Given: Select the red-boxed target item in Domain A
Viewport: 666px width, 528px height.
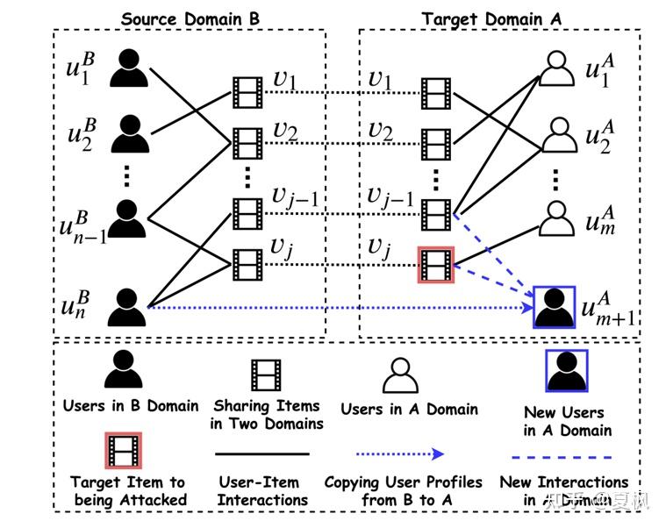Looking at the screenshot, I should pyautogui.click(x=437, y=265).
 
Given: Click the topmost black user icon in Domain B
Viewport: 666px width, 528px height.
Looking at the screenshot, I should pyautogui.click(x=129, y=68).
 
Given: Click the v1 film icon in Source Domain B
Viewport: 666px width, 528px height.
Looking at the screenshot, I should pyautogui.click(x=247, y=91).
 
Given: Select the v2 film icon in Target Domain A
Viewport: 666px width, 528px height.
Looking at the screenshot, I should pyautogui.click(x=437, y=140).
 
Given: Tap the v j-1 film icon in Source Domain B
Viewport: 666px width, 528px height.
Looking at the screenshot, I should pyautogui.click(x=247, y=212).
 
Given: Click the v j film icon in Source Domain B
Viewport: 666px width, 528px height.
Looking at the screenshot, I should pyautogui.click(x=247, y=260).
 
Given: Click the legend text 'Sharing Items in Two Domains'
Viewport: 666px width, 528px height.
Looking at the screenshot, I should pyautogui.click(x=267, y=414).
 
